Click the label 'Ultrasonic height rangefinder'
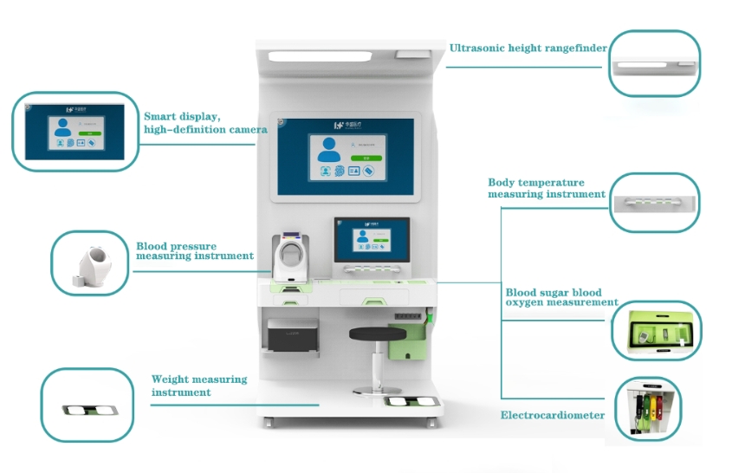[528, 48]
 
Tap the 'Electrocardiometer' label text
[553, 416]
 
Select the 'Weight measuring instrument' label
[199, 386]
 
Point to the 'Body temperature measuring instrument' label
[547, 188]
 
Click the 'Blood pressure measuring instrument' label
[195, 251]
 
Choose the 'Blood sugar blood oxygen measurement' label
[561, 297]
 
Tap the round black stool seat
[377, 333]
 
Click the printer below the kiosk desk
[293, 335]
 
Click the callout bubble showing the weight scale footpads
[87, 404]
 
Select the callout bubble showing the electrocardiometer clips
[647, 411]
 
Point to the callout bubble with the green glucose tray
[656, 329]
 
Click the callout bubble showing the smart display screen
[74, 130]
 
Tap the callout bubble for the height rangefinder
[654, 64]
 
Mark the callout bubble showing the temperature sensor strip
[654, 203]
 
